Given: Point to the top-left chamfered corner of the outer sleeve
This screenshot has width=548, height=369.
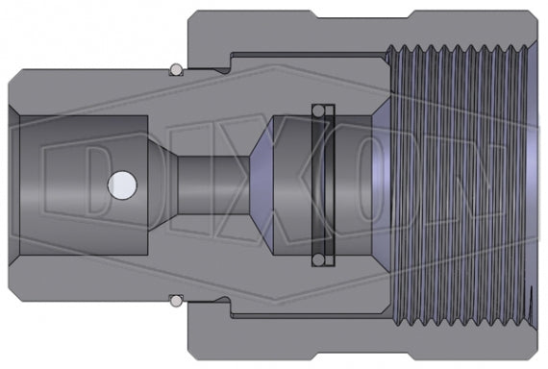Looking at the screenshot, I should tap(192, 15).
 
